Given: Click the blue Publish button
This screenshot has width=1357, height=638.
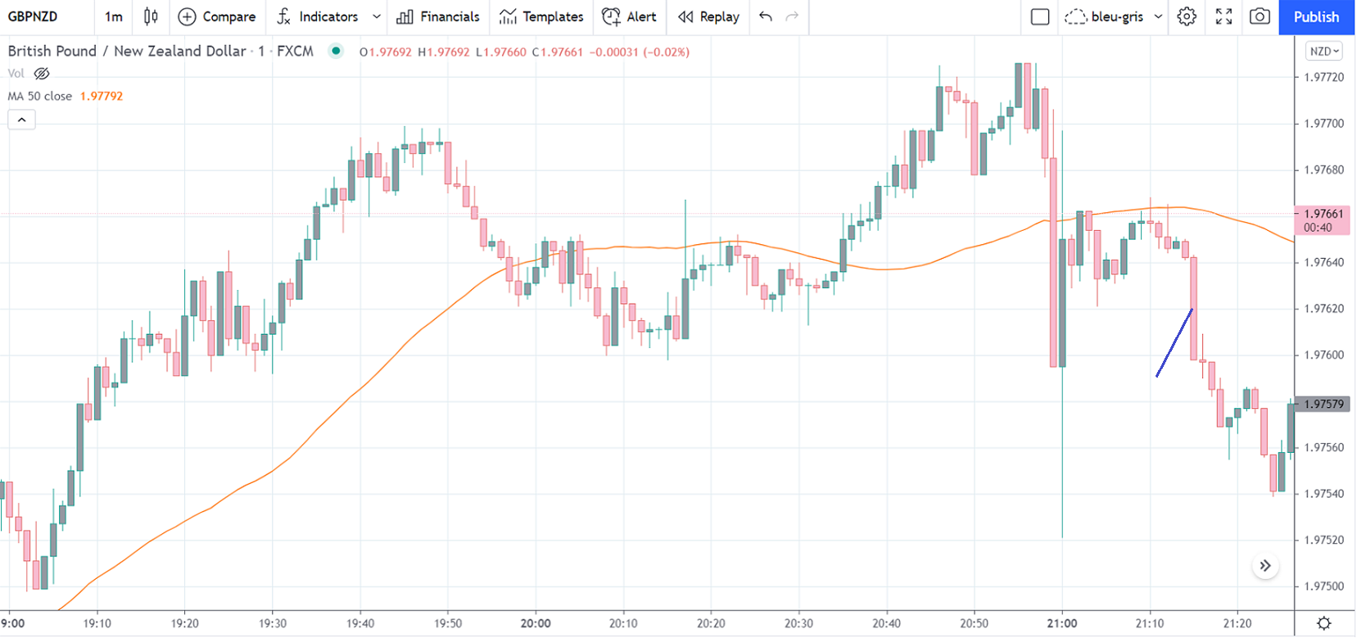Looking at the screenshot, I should click(x=1316, y=16).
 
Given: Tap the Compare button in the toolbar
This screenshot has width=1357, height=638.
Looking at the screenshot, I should click(x=217, y=16).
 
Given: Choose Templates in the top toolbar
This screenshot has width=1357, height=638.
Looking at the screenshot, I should click(x=541, y=16).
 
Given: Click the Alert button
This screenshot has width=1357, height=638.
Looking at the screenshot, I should click(x=629, y=16).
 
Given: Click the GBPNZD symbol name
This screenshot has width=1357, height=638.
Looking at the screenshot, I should click(x=33, y=16).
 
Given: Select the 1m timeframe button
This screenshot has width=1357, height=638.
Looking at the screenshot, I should click(x=114, y=16).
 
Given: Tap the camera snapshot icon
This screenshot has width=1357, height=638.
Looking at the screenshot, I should click(x=1260, y=16).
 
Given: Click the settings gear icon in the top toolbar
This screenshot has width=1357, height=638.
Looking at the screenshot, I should click(x=1187, y=16).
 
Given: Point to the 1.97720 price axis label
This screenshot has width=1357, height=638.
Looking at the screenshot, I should click(x=1324, y=77).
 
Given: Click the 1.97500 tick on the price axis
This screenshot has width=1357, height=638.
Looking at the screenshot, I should click(x=1324, y=586).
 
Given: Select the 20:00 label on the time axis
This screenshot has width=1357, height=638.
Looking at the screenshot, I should click(x=536, y=623).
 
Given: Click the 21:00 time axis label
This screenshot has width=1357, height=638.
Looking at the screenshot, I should click(x=1062, y=623).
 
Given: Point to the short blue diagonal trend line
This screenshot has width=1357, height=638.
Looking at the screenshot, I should click(x=1174, y=342).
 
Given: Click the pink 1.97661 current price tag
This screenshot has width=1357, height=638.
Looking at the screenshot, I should click(x=1322, y=220).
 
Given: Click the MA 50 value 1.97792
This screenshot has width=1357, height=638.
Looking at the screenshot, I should click(x=102, y=96).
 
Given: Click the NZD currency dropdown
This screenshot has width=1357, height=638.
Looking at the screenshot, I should click(x=1324, y=51).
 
